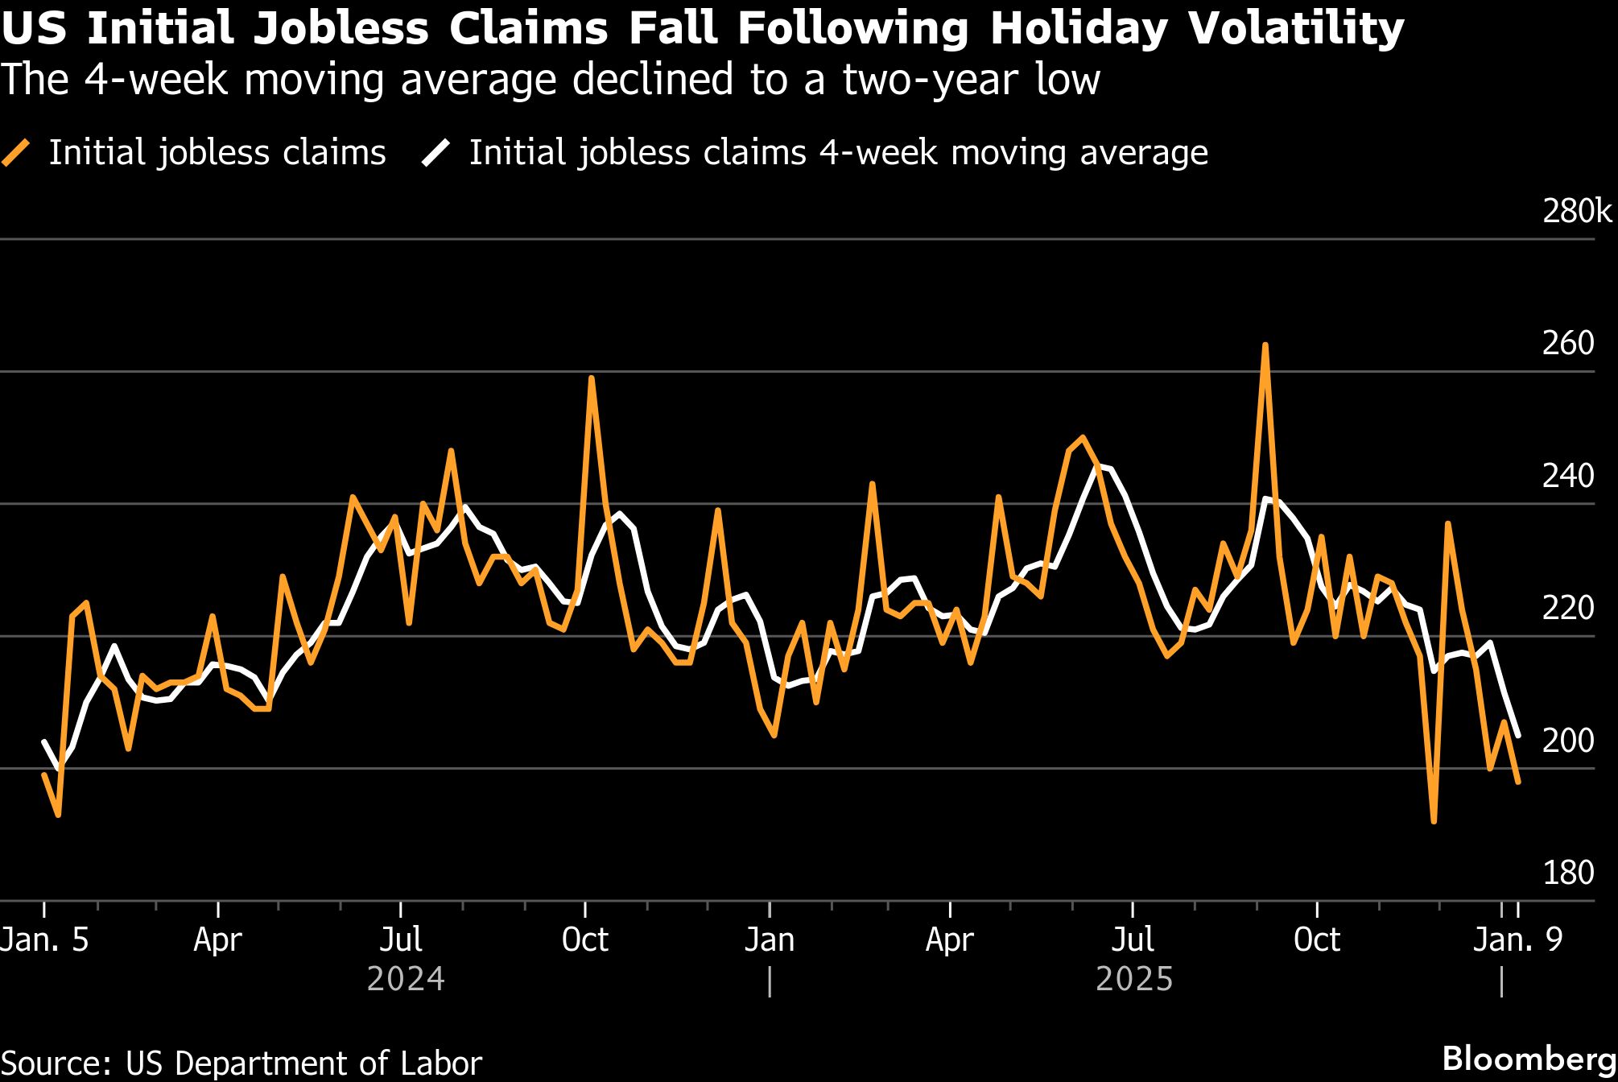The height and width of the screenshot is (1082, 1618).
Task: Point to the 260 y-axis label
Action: click(1567, 344)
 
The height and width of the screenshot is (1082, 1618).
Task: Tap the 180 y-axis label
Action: click(1567, 873)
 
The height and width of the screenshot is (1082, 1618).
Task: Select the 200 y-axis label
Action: click(1567, 741)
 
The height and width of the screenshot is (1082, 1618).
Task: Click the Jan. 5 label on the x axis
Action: click(44, 940)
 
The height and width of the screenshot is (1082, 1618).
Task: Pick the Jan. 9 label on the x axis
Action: click(1517, 940)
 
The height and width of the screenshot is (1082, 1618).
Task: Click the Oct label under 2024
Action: click(585, 940)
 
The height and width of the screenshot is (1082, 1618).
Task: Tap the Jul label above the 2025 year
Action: click(1133, 940)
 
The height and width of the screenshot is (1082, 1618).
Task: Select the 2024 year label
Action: click(406, 980)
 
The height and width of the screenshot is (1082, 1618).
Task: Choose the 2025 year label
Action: click(1134, 980)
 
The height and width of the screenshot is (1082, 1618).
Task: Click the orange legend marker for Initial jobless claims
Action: click(17, 153)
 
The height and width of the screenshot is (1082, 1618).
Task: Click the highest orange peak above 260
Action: click(1265, 345)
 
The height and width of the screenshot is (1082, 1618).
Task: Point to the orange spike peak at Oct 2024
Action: click(592, 378)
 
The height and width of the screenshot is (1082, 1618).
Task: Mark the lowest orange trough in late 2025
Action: click(1434, 820)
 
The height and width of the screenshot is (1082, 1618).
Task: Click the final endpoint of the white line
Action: click(1518, 735)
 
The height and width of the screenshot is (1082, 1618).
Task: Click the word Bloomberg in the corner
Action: click(1529, 1059)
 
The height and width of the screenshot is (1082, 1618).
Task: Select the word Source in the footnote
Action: click(56, 1063)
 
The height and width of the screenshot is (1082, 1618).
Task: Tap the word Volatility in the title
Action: click(1296, 29)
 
